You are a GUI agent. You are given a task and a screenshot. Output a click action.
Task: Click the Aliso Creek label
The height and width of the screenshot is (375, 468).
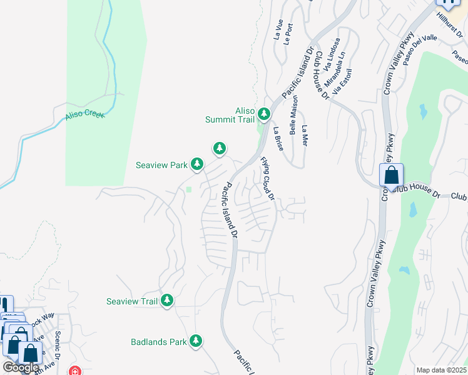click(85, 116)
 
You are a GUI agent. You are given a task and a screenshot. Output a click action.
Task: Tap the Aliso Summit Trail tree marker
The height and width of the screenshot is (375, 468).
click(264, 114)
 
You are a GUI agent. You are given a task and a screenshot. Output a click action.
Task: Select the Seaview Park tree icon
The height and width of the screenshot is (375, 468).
click(197, 164)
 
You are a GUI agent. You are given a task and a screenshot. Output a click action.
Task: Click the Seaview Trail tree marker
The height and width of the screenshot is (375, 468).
click(166, 301)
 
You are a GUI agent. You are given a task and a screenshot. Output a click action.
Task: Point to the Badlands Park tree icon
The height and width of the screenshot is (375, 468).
click(196, 341)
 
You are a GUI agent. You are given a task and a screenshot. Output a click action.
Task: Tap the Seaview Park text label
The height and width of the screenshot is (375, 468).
click(162, 165)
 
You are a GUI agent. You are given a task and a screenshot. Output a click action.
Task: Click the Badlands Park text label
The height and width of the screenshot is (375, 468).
click(159, 342)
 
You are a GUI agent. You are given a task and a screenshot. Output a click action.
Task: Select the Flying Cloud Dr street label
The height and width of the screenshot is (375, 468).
click(268, 178)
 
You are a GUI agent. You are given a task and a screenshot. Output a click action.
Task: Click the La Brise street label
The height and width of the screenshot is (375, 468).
click(278, 139)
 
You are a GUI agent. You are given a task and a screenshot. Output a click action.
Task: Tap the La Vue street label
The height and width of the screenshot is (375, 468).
click(278, 30)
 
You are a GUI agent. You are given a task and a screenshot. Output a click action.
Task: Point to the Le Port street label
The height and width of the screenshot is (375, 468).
click(288, 34)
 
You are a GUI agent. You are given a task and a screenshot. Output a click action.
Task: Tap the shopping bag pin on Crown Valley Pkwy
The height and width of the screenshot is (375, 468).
click(391, 176)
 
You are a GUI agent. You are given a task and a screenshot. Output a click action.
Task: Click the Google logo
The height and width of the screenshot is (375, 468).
click(21, 367)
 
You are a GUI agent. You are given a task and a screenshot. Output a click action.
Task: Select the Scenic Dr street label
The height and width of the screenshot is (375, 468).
click(58, 346)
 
